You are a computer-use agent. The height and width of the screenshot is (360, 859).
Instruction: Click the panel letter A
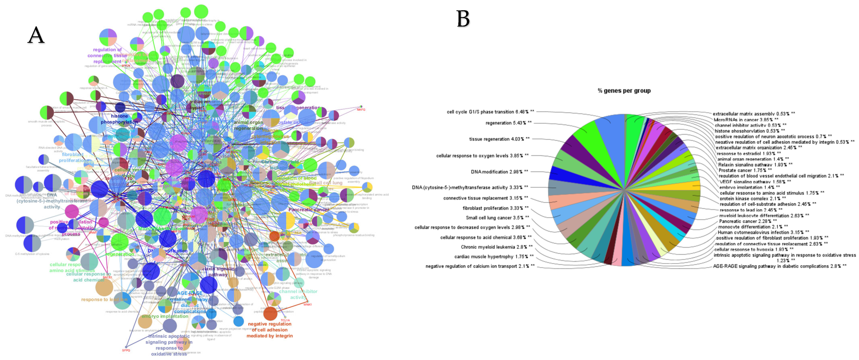(x=36, y=35)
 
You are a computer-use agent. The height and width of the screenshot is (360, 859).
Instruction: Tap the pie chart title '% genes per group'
(x=624, y=91)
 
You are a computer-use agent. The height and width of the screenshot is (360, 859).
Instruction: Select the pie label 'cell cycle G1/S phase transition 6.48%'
(x=490, y=112)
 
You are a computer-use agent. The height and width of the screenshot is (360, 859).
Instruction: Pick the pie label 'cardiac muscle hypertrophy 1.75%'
(x=493, y=257)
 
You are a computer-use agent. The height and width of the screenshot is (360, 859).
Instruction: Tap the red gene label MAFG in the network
(x=361, y=110)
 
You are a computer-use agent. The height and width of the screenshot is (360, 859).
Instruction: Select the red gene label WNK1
(x=307, y=304)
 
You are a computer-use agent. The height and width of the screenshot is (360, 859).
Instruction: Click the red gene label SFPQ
(x=126, y=350)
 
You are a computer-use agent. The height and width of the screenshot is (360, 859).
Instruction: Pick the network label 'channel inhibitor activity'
(x=298, y=294)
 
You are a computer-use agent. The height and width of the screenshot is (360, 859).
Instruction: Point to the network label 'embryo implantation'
(x=165, y=316)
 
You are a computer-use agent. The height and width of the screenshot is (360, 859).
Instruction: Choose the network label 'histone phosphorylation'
(x=119, y=119)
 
